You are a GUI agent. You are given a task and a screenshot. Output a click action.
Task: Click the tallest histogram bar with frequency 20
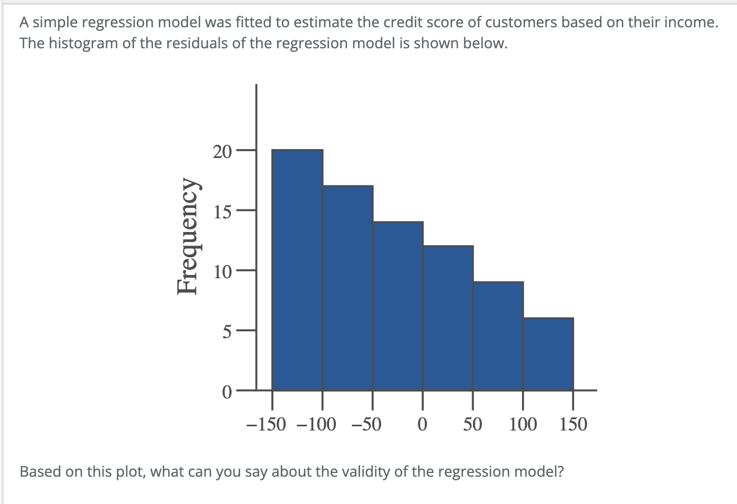(x=298, y=270)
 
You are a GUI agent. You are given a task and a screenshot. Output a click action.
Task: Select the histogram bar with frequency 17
(x=347, y=288)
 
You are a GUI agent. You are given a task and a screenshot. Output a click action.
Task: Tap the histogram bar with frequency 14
(x=398, y=306)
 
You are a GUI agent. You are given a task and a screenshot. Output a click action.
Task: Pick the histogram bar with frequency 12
(x=448, y=318)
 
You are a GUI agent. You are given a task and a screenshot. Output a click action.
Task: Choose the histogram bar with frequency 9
(x=498, y=336)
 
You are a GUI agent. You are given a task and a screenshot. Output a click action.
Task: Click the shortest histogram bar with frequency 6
(x=548, y=354)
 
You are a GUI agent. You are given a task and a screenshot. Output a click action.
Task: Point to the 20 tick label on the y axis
(x=222, y=152)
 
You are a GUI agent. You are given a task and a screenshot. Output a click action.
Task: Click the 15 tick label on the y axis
(x=222, y=212)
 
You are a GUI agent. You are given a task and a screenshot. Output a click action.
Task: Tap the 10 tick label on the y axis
(x=222, y=272)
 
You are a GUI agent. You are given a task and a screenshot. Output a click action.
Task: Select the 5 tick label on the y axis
(x=226, y=332)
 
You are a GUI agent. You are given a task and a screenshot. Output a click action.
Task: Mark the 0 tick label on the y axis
(x=226, y=392)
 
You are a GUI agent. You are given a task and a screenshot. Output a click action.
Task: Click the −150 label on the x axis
(x=267, y=424)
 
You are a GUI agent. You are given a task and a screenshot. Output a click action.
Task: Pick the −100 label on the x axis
(x=316, y=424)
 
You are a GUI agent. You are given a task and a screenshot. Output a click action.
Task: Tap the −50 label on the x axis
(x=366, y=424)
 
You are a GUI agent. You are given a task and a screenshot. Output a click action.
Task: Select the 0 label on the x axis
(x=422, y=424)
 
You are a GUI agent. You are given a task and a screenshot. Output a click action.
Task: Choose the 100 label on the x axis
(x=523, y=424)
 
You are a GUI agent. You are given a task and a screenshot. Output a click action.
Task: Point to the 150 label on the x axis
(x=573, y=424)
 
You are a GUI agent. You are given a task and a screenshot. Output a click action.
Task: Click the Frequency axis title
(x=191, y=236)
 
